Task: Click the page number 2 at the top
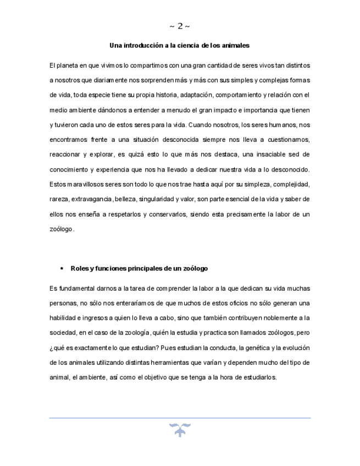(x=180, y=26)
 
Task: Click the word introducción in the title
(x=142, y=45)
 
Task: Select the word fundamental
(x=77, y=288)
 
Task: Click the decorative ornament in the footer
(x=180, y=430)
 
